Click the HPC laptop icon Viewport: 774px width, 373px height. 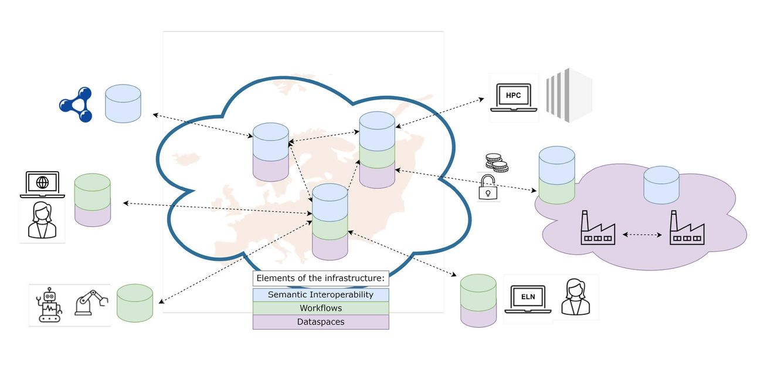(514, 97)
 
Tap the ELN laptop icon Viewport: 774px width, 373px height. (528, 299)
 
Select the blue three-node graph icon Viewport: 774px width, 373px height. (76, 104)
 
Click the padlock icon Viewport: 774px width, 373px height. (488, 187)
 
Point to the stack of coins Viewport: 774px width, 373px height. (497, 163)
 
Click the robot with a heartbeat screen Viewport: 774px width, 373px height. (50, 304)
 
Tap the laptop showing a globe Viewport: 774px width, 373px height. (42, 185)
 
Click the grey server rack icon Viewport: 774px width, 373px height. (569, 96)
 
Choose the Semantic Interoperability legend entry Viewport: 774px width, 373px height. (321, 294)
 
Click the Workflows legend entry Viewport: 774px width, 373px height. (321, 308)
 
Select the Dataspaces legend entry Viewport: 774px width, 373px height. (321, 322)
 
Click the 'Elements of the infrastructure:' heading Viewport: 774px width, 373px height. (321, 278)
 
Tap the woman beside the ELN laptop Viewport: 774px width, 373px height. (575, 297)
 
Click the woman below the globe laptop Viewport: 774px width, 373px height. (42, 220)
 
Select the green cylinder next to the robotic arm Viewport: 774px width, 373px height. (135, 303)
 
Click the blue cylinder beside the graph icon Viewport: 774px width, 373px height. (123, 104)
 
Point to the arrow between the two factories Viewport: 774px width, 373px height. (642, 235)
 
